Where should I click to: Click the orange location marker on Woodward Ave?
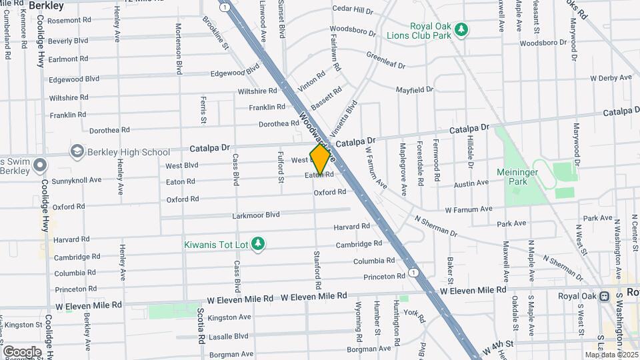coord(321,159)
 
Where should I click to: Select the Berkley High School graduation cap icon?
coord(77,151)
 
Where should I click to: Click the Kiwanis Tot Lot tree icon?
coord(259,244)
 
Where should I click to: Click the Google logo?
coord(22,351)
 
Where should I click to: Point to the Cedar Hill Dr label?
coord(353,10)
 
